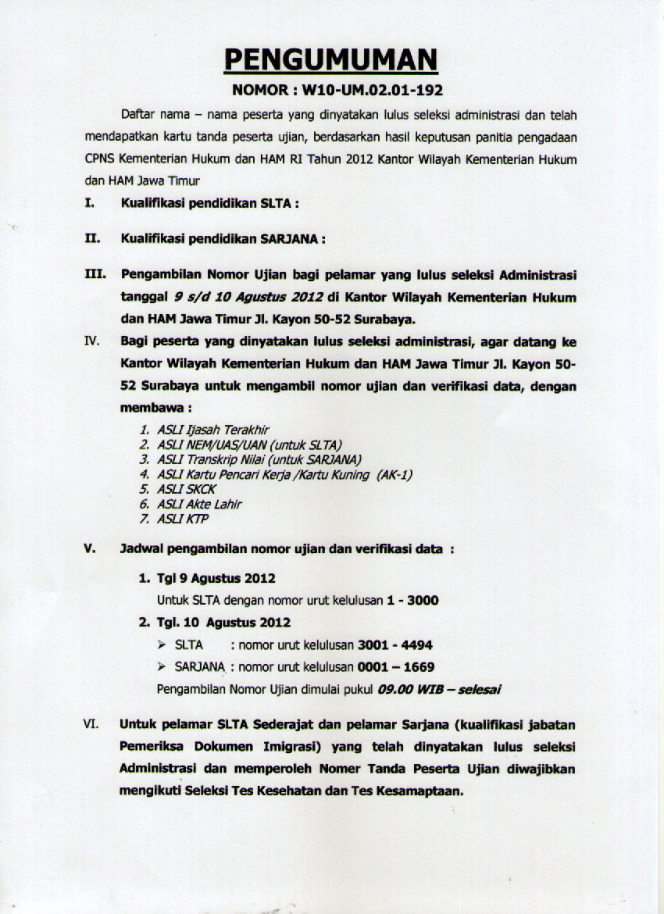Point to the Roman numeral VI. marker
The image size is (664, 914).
point(91,724)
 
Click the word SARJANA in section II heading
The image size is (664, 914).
point(289,239)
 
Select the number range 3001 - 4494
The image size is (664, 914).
point(394,645)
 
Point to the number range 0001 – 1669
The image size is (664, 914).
point(395,667)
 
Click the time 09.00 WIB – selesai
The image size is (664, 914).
point(439,690)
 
